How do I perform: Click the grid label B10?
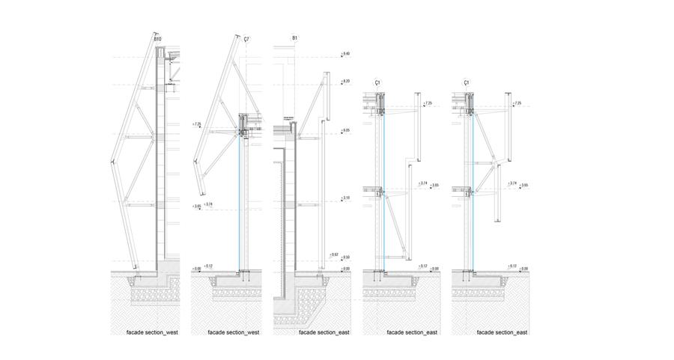tap(157, 37)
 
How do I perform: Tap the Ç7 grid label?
tap(247, 37)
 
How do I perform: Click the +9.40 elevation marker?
tap(346, 54)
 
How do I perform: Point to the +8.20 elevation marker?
tap(346, 81)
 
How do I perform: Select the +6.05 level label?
tap(346, 131)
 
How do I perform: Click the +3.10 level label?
tap(346, 198)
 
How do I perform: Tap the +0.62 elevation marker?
tap(335, 255)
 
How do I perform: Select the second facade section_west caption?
tap(234, 332)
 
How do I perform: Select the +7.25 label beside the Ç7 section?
tap(197, 125)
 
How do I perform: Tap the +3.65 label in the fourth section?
tap(435, 185)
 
